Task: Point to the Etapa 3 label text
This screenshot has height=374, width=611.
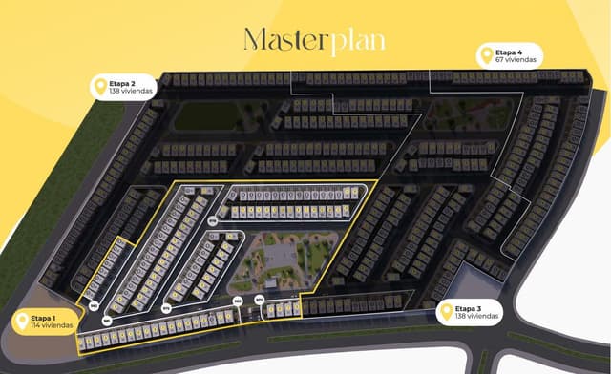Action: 468,308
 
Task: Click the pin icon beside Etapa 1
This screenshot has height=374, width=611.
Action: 22,322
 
